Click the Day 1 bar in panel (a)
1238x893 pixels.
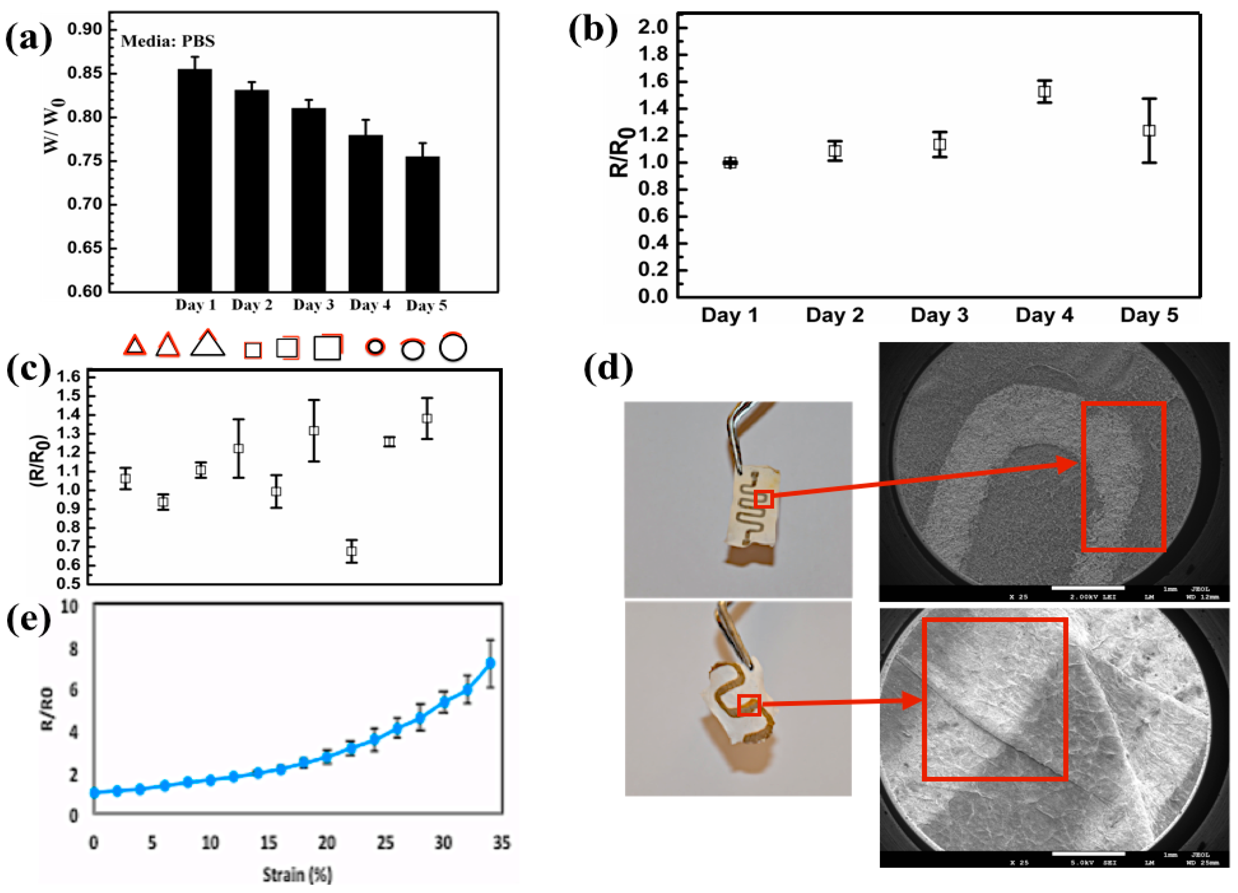[x=194, y=180]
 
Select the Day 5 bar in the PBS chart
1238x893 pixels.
[x=422, y=224]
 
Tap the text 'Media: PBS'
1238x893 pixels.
[x=167, y=41]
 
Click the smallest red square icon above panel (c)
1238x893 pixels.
[x=252, y=349]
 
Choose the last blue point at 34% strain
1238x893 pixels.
[x=490, y=663]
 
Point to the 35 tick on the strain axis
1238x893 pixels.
[x=501, y=843]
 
